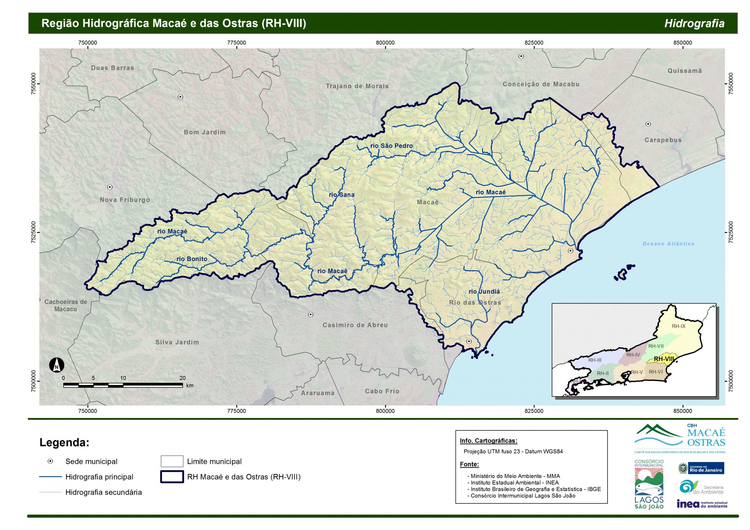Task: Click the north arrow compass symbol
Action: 57,365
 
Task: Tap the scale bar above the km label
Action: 123,385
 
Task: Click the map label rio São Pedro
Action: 391,146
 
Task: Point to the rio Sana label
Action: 342,195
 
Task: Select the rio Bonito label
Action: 192,259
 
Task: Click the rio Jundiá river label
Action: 484,291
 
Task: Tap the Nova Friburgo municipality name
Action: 125,200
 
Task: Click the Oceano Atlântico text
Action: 668,244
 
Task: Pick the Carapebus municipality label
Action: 663,140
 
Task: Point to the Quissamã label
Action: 684,71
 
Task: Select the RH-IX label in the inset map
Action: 679,326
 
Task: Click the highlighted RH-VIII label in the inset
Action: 664,359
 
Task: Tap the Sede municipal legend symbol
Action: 51,461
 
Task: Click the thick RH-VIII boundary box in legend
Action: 172,477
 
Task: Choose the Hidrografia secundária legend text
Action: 103,492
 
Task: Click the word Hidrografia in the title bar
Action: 694,23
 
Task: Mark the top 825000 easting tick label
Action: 534,42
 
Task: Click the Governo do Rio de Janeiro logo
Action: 701,468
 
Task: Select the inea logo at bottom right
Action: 701,504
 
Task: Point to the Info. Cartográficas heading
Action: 488,441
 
